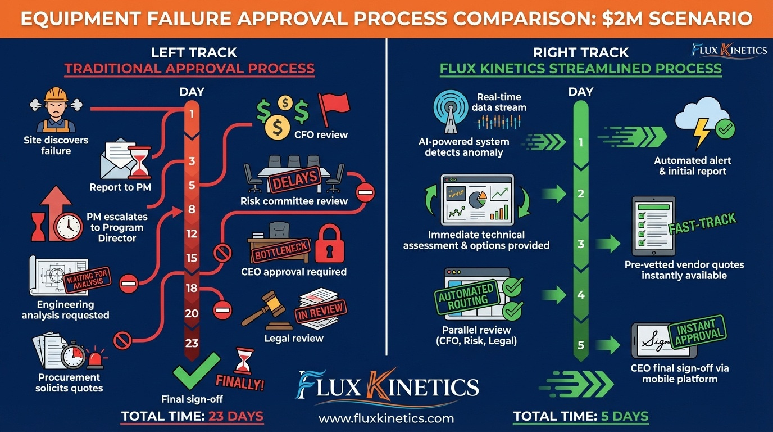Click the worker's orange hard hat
56,94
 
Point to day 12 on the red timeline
192,233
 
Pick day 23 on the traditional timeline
192,343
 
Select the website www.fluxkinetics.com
386,418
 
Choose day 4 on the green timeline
581,295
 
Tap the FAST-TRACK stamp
702,224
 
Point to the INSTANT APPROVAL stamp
696,331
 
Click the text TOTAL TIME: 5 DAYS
581,417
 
